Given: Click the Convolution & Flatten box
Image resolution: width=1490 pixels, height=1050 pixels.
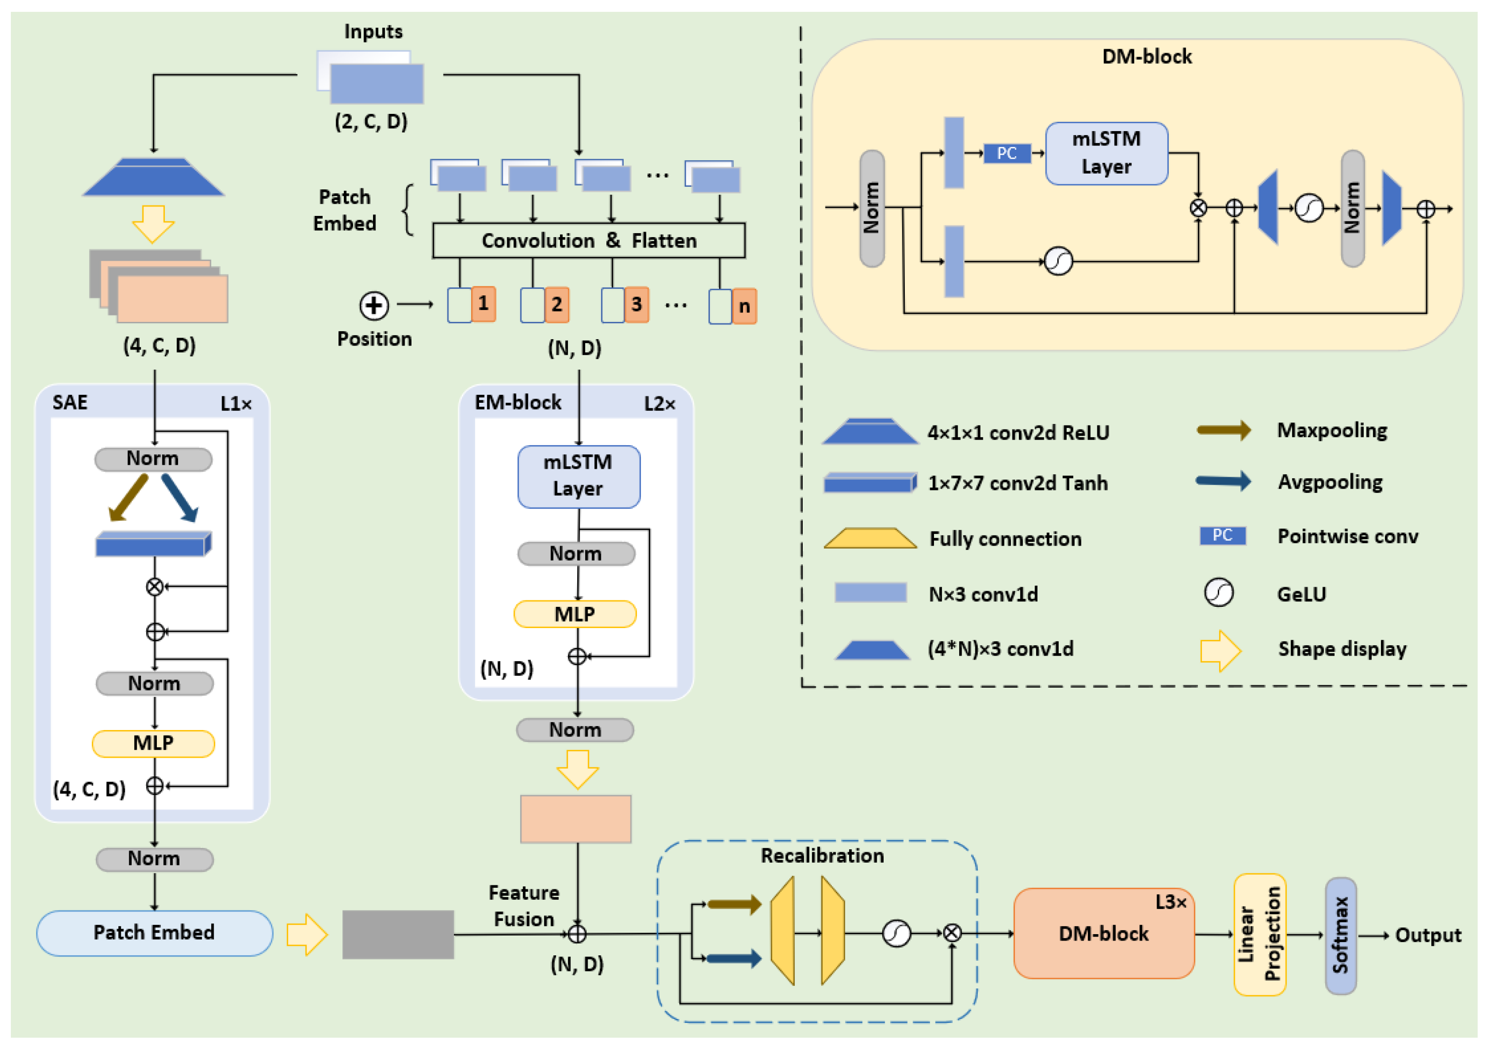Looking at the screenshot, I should point(588,241).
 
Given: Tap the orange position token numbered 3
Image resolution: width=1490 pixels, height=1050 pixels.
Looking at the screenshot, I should point(636,304).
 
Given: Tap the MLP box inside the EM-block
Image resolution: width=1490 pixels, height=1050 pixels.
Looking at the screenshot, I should point(574,614).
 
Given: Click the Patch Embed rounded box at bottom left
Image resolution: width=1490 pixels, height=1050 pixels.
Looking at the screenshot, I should point(154,933).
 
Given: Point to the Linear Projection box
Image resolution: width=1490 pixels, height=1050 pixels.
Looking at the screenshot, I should point(1259,935).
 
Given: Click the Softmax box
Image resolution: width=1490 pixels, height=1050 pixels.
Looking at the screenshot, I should point(1340,935).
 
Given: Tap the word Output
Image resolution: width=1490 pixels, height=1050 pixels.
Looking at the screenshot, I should point(1428,935).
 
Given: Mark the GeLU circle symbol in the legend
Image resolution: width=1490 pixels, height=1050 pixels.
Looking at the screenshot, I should point(1218,593).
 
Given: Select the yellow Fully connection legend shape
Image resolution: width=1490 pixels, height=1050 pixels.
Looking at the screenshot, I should point(870,538).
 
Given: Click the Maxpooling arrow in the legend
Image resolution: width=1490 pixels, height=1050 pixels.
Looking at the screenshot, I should point(1223,430).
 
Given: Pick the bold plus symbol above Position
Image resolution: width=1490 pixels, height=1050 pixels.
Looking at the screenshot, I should point(374,306).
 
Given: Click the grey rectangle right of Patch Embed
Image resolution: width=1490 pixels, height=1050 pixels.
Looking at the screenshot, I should point(398,934).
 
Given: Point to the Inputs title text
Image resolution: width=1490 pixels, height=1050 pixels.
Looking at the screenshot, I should point(373,31).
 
